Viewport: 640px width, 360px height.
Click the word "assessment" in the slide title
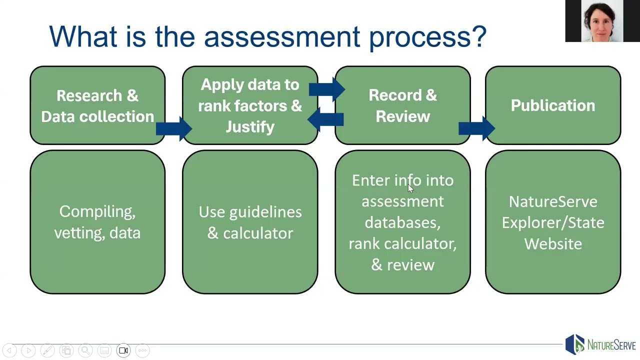281,36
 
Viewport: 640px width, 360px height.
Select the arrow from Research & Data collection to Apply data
173,128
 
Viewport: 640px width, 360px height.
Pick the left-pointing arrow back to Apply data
325,119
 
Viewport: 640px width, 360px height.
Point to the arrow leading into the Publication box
476,128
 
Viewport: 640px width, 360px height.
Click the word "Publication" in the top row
552,105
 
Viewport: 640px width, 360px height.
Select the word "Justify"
250,127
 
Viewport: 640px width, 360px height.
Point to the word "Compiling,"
97,211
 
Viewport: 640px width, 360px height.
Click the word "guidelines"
265,212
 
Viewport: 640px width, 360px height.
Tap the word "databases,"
402,222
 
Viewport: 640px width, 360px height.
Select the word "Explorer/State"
553,222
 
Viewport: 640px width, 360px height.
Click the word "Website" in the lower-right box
553,243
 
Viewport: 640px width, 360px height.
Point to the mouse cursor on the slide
410,188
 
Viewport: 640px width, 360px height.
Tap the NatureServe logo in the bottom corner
600,345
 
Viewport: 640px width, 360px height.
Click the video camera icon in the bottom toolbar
123,350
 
